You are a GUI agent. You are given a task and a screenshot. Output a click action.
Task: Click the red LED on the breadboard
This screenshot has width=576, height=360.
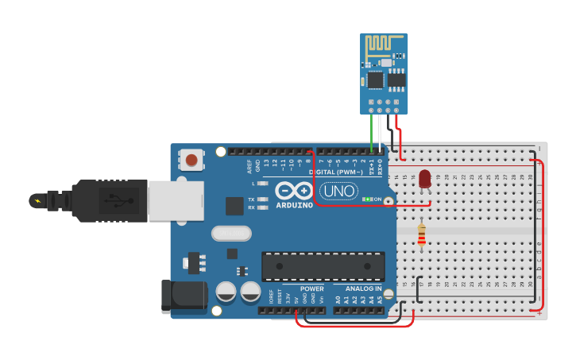425,179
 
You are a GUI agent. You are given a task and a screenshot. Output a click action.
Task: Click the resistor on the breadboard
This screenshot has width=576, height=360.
421,235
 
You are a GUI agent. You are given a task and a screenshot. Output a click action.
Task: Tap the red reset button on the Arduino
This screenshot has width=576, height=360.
191,160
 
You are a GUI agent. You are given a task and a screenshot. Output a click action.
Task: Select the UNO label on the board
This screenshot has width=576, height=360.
338,191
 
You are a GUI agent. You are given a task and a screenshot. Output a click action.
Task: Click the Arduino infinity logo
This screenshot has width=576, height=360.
295,191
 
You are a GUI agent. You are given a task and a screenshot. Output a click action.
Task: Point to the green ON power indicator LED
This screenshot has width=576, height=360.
368,199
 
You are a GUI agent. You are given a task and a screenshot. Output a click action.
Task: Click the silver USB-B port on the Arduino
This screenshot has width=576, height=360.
175,199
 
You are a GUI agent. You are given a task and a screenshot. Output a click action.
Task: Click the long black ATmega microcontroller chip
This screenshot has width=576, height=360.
323,266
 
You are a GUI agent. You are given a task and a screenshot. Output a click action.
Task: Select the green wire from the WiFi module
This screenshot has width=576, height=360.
371,131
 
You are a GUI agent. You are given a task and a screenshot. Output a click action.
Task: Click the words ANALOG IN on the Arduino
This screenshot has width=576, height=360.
363,288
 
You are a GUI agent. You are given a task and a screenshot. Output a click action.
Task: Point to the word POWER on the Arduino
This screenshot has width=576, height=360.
312,288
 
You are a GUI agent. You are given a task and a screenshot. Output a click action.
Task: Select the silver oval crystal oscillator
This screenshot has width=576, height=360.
231,233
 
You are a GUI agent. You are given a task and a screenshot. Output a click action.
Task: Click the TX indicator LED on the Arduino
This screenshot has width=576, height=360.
262,199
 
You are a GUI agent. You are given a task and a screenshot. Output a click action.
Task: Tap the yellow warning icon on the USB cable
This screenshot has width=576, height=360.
37,199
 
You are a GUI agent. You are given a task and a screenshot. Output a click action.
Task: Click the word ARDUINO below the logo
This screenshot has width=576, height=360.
295,204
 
